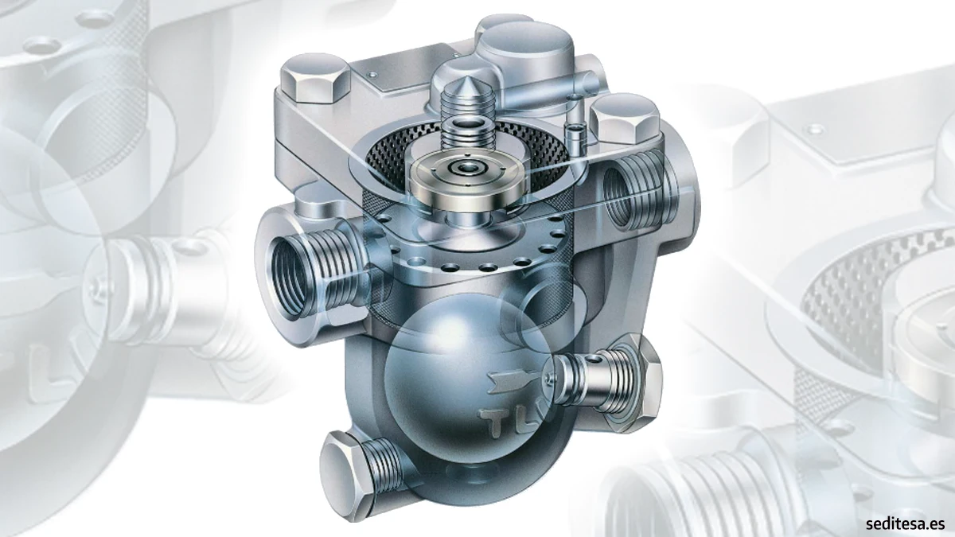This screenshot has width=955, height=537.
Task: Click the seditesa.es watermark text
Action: tap(905, 523)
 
